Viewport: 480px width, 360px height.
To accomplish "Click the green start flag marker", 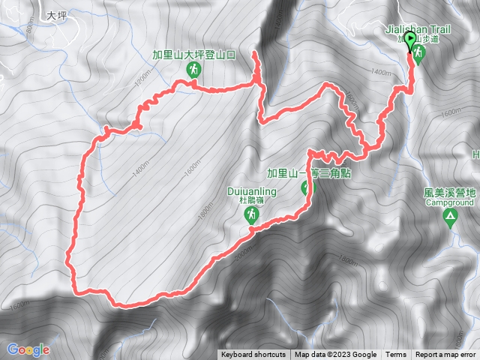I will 409,40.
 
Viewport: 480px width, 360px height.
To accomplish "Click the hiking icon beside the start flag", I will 418,54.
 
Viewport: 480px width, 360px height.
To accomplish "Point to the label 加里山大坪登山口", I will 193,55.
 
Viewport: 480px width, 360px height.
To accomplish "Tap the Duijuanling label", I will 252,191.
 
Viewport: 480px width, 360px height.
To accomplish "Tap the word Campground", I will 450,202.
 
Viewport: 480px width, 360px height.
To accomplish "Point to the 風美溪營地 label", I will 450,193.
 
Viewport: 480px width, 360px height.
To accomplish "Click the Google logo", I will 28,349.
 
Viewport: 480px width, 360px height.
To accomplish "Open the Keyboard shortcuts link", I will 253,355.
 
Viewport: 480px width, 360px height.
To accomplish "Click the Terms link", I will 396,355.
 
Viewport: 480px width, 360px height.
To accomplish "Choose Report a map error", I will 446,355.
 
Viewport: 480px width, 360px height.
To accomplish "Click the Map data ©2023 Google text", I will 335,355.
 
